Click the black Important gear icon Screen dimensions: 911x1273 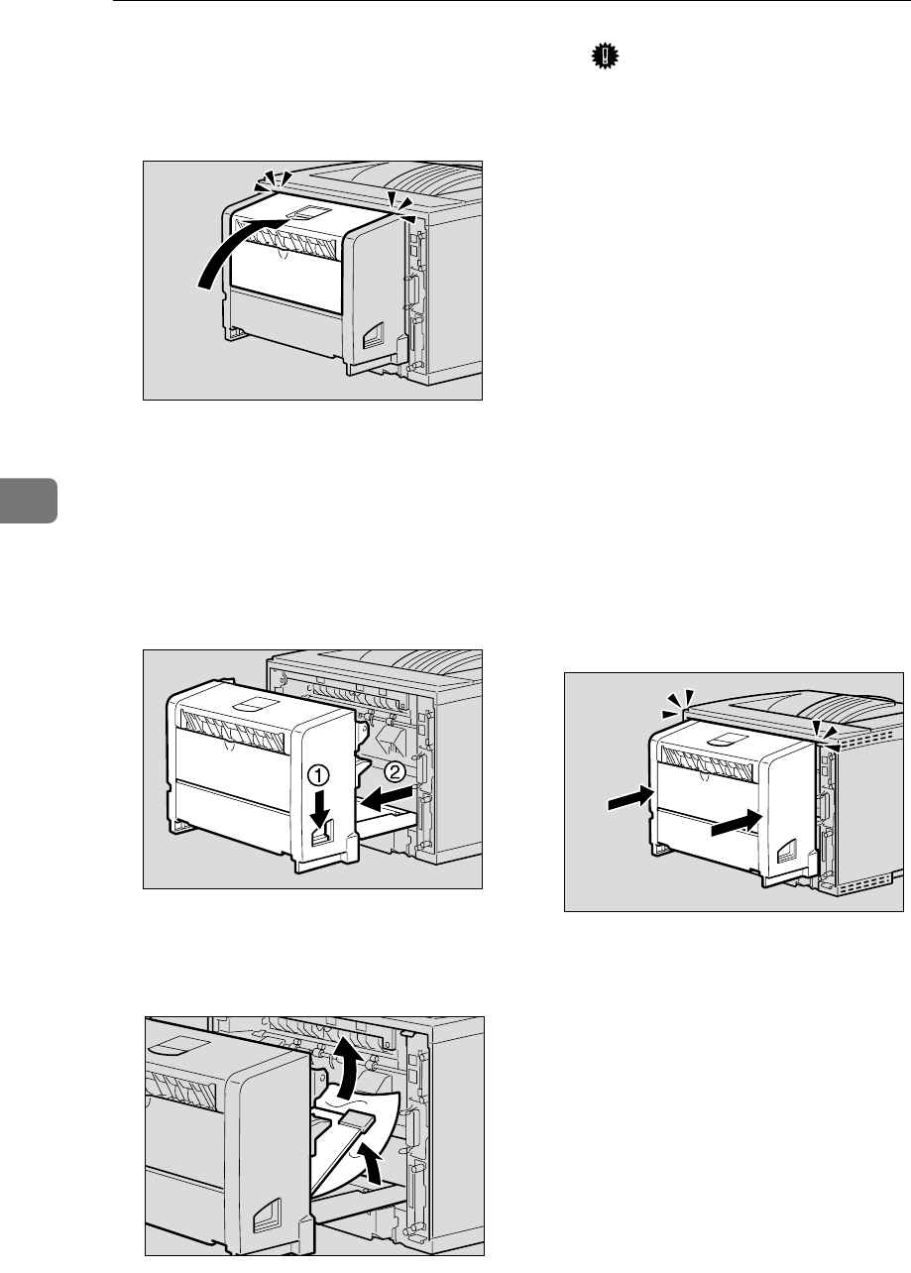600,59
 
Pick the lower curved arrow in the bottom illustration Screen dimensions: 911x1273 368,1161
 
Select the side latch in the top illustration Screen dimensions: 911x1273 375,335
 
